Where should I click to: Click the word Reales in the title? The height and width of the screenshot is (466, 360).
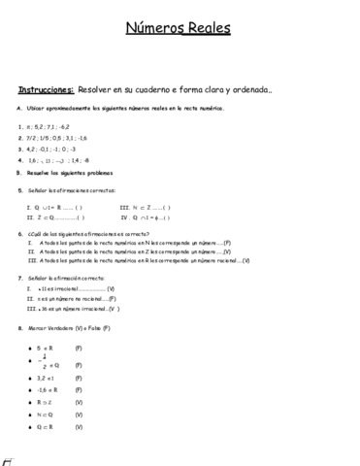point(210,30)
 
